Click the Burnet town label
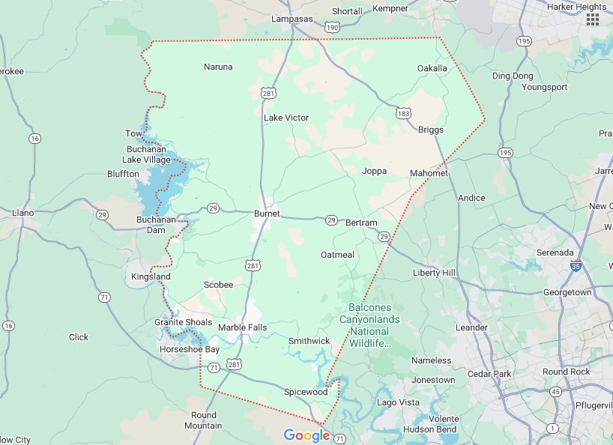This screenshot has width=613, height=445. point(267,214)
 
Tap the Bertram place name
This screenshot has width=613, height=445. point(362,222)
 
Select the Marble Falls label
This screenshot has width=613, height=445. point(242,327)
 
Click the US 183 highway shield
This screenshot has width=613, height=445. point(404,112)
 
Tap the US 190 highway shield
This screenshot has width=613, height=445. point(332,27)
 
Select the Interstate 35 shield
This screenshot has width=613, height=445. point(576,266)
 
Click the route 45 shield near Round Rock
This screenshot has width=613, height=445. point(555,391)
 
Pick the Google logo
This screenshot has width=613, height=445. point(306,435)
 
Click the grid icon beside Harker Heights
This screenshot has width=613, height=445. point(593,19)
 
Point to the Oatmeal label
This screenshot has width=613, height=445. point(337,255)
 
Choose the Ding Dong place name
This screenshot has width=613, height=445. point(513,76)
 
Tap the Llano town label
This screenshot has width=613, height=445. point(23,213)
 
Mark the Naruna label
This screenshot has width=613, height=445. point(218,67)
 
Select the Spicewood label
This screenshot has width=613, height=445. point(306,392)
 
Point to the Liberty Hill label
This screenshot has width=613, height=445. point(434,273)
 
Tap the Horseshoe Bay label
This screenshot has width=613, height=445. point(190,350)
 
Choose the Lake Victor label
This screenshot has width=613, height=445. point(286,118)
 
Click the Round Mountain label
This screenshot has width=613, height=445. point(203,420)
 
